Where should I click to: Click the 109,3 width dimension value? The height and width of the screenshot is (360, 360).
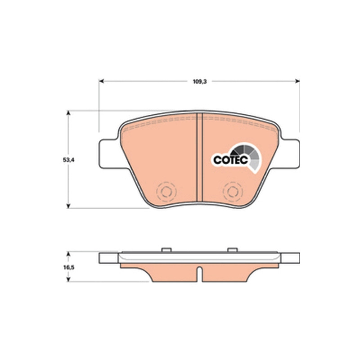(199, 81)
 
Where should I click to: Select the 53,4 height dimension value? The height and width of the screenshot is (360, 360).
(69, 160)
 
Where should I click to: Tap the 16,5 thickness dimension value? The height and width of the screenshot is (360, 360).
(69, 267)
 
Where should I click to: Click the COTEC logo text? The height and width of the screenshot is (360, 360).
(230, 160)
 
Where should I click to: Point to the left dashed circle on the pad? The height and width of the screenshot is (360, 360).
(166, 192)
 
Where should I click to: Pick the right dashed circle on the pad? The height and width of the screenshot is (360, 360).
(233, 192)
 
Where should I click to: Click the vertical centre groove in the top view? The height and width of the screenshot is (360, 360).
(200, 158)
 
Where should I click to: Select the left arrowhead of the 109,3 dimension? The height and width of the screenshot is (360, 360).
(102, 81)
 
